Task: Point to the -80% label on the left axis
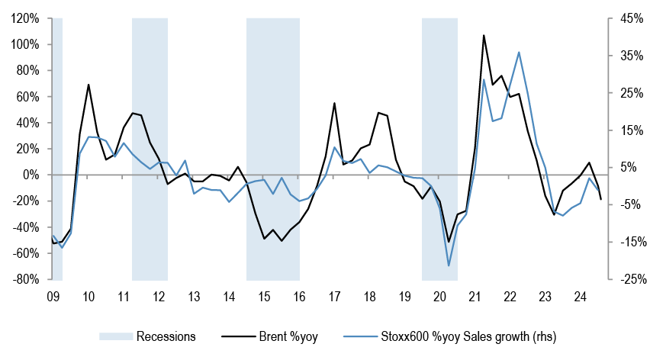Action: [26, 280]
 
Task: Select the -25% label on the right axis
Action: [633, 280]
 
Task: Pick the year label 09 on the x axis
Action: [53, 297]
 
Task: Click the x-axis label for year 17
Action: [334, 297]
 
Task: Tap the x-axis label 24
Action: [580, 297]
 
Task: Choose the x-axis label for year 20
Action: [439, 297]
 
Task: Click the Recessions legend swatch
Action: [116, 336]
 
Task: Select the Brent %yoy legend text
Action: [288, 336]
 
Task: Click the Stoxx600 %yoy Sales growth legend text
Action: [468, 336]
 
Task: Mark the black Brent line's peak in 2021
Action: [484, 36]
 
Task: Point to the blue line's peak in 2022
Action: [519, 52]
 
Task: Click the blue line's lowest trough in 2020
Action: [449, 265]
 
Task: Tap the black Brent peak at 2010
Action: [88, 85]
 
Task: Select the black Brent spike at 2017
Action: [334, 103]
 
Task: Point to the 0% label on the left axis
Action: [31, 175]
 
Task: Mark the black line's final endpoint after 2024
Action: [600, 199]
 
